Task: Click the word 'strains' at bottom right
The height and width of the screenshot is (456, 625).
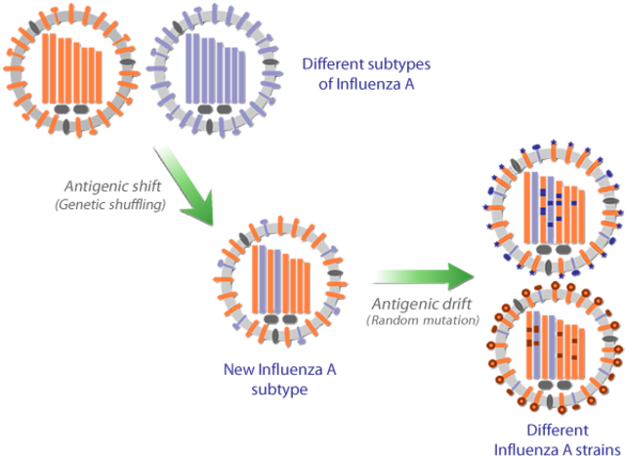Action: [584, 447]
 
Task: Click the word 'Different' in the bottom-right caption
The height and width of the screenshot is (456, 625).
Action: [555, 431]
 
